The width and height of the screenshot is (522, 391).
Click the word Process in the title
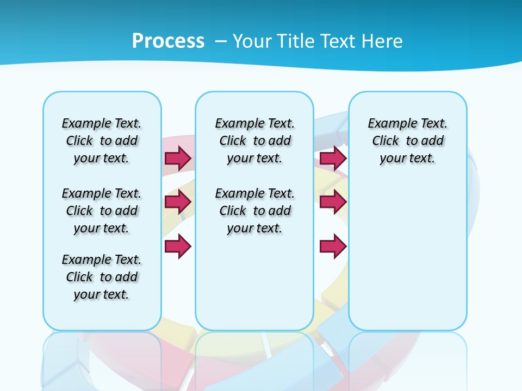coord(168,41)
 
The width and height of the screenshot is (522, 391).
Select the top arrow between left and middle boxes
coord(178,158)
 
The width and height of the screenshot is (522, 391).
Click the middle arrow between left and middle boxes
coord(178,203)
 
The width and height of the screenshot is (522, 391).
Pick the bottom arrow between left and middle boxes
coord(178,246)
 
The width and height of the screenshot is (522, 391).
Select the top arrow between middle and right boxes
coord(333,158)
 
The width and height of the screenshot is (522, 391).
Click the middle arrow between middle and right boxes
coord(333,203)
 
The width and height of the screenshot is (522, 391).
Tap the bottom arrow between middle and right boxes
coord(333,246)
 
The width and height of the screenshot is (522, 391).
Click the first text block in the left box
coord(102,141)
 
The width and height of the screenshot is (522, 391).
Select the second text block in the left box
coord(102,211)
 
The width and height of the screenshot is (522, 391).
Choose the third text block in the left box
coord(102,277)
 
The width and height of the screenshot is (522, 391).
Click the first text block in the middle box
coord(254,141)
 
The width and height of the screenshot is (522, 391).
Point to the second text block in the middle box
coord(254,211)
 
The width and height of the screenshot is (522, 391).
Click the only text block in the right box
coord(407,141)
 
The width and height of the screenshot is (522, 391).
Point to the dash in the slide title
coord(221,41)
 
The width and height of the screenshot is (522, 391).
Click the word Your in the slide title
coord(253,41)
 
